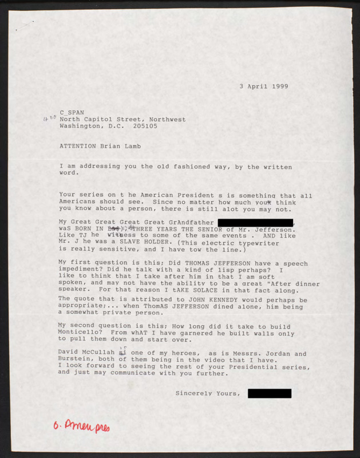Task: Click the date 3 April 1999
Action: point(263,86)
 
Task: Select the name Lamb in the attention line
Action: point(131,146)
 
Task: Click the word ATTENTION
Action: point(78,146)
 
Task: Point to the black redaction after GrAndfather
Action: point(255,222)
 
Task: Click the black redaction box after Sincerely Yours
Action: point(270,393)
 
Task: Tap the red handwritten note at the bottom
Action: point(81,425)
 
